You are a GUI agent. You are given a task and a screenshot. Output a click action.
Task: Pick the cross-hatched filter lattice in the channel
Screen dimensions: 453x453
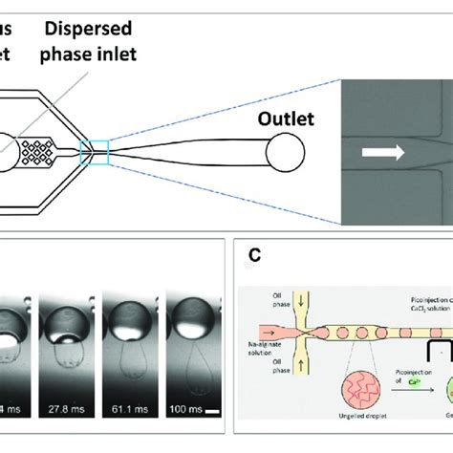(x=41, y=151)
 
